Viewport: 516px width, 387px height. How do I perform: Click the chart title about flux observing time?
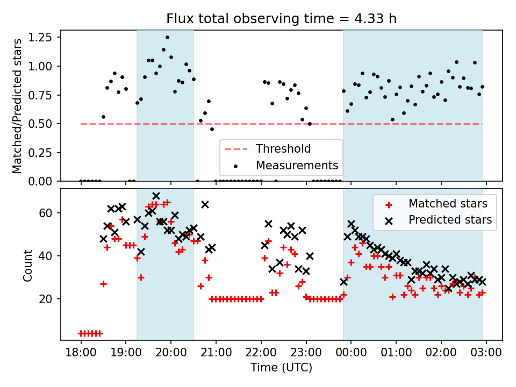pos(281,19)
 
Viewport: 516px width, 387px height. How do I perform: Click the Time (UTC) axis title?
pos(281,368)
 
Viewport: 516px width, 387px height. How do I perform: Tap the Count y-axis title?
pos(28,265)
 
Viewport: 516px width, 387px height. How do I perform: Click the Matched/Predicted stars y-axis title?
pos(17,106)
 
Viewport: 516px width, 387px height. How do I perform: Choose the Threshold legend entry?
pos(283,148)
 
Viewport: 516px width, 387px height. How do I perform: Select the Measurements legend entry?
pos(297,164)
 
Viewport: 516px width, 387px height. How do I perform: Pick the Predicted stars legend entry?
pos(450,219)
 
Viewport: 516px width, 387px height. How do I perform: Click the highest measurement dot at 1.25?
pos(167,38)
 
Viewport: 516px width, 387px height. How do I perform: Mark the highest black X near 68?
pos(156,196)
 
